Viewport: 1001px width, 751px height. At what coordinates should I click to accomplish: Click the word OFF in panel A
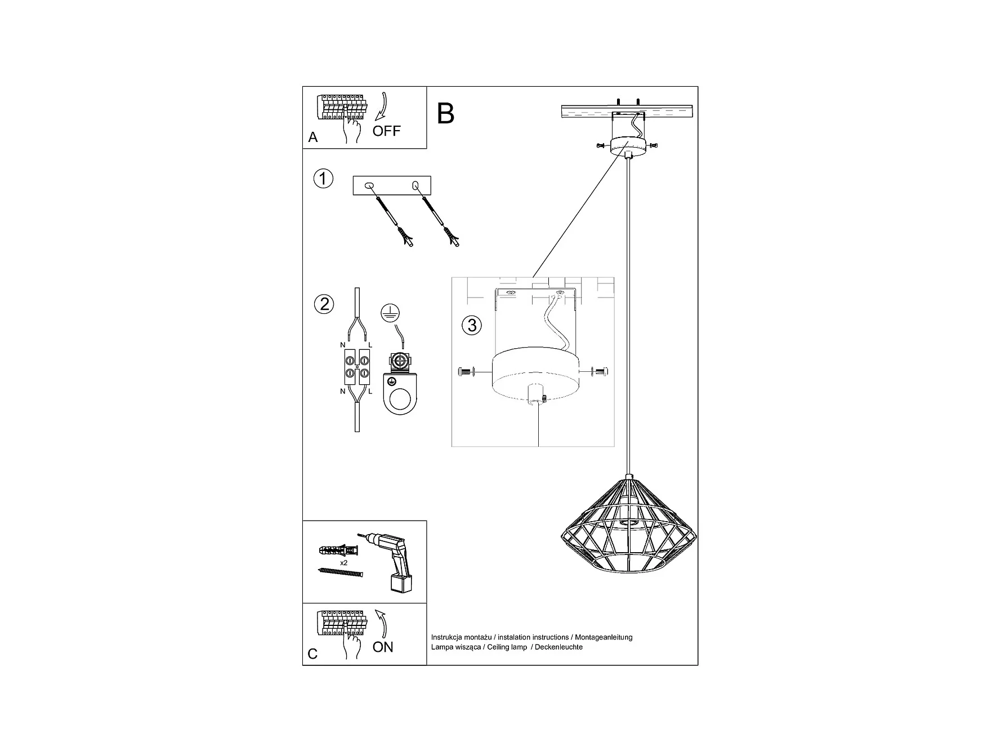tap(386, 131)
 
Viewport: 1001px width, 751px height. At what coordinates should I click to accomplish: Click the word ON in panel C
tap(383, 647)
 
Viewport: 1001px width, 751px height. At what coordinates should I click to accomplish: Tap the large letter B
tap(445, 114)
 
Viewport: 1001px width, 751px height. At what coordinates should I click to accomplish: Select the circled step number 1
tap(323, 179)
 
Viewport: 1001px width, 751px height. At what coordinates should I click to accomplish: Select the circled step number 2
tap(324, 304)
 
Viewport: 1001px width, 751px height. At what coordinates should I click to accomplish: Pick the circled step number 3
tap(472, 325)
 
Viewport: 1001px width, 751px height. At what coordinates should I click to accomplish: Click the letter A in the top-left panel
tap(313, 137)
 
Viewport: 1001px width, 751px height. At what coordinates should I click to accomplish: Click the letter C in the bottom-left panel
tap(312, 654)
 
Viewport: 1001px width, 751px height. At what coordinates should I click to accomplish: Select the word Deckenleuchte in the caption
tap(558, 647)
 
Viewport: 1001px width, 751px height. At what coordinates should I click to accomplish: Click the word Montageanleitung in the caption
tap(604, 637)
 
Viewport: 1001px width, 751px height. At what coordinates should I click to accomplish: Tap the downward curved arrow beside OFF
tap(383, 108)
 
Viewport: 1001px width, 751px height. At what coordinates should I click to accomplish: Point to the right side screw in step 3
tap(601, 372)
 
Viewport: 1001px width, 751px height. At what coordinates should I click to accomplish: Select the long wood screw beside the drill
tap(341, 573)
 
